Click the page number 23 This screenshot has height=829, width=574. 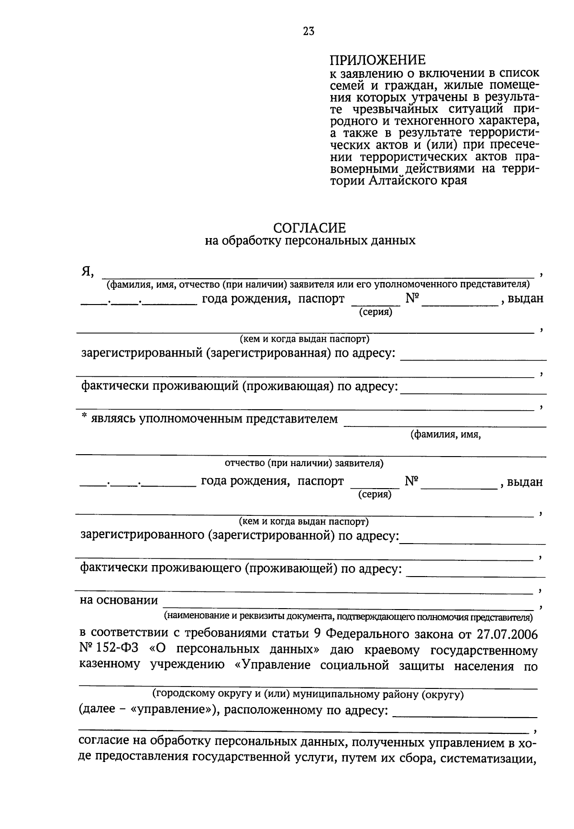point(308,32)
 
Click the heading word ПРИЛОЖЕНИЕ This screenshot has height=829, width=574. point(377,60)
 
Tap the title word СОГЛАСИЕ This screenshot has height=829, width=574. point(309,228)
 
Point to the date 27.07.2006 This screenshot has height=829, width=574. point(507,634)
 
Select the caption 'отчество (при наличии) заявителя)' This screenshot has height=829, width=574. point(304,463)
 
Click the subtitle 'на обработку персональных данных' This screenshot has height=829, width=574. point(310,240)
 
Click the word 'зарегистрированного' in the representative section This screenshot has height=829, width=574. point(143,535)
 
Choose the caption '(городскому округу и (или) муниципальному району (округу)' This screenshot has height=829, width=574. point(308,694)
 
